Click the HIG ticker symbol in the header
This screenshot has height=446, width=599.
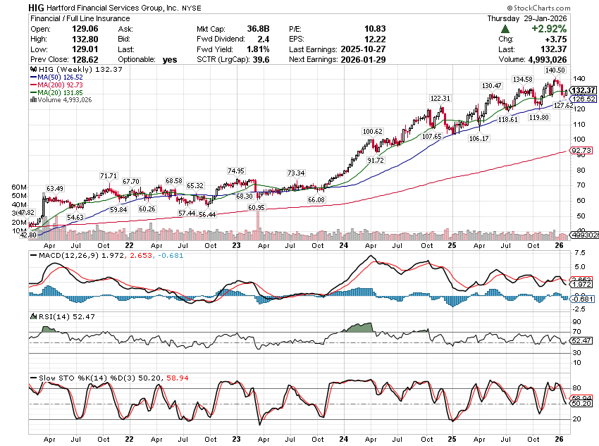click(x=38, y=6)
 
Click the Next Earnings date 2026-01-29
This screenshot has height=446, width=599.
click(x=371, y=60)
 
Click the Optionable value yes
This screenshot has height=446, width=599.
click(x=170, y=60)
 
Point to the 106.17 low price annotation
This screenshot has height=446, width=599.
click(x=478, y=139)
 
